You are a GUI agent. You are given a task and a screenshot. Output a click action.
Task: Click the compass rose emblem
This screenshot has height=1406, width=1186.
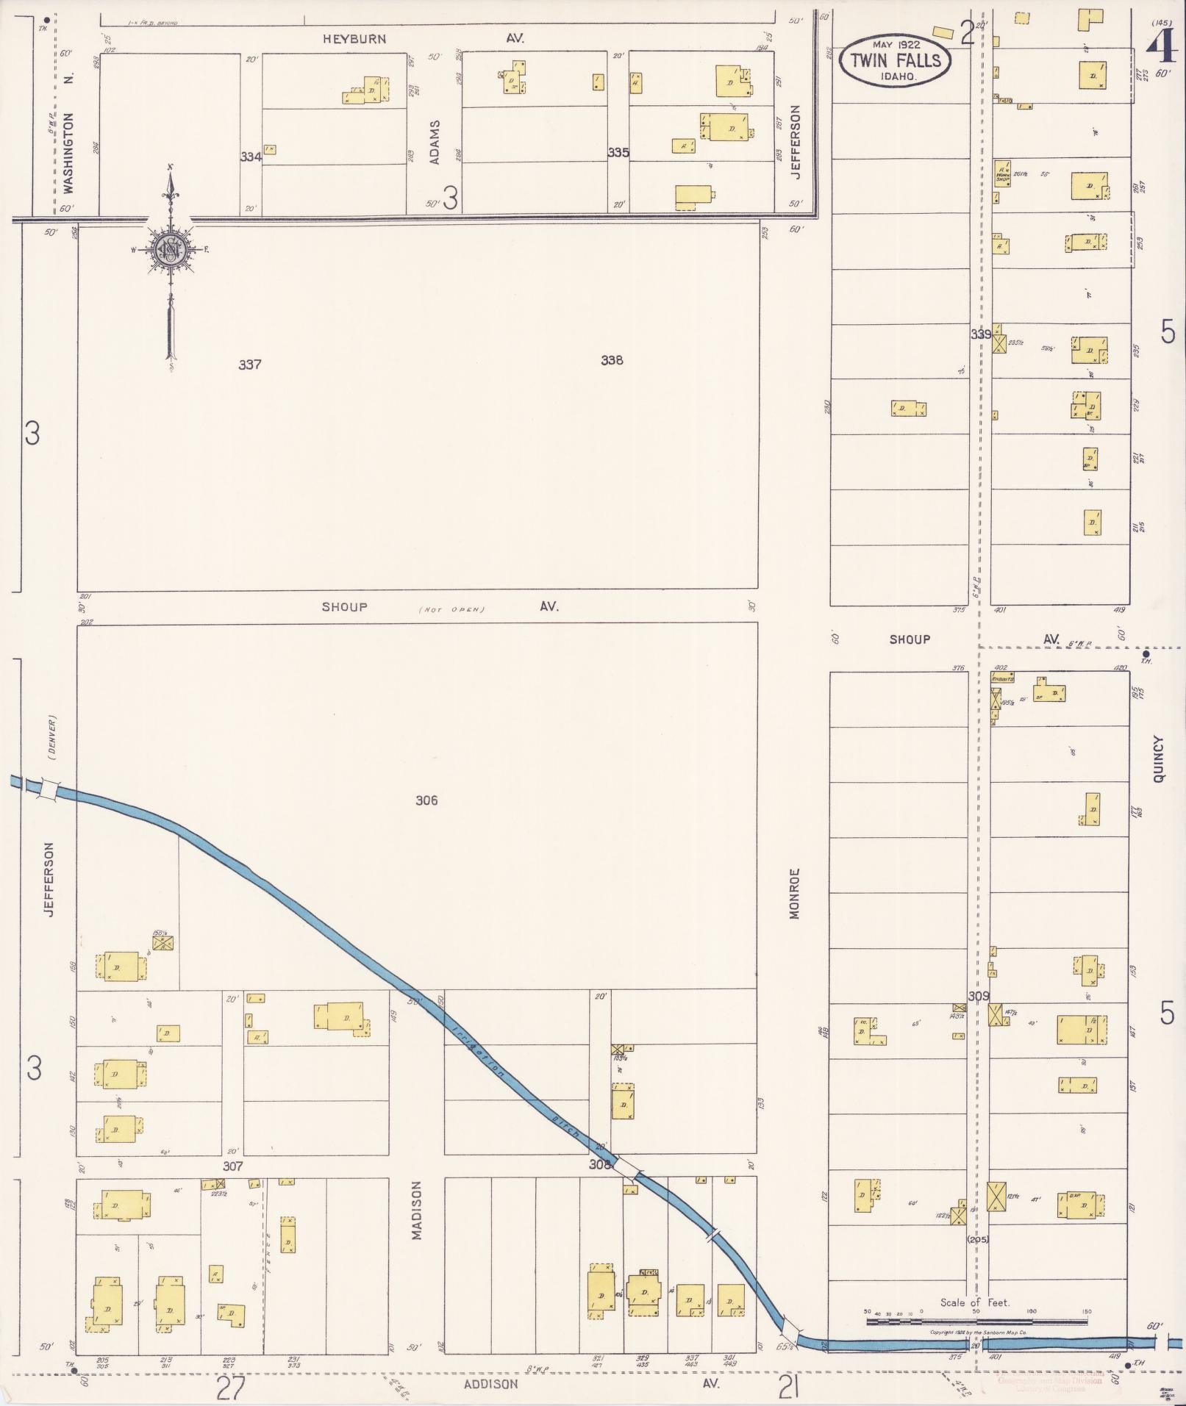(170, 249)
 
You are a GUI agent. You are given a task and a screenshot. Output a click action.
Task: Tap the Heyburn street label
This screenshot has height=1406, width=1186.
(354, 39)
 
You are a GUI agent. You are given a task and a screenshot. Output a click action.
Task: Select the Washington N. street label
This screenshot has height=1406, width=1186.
(69, 152)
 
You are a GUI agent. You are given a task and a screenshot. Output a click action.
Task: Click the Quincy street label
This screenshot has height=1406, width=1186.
(1160, 758)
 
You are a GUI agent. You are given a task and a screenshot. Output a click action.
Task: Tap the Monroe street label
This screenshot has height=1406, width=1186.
(794, 893)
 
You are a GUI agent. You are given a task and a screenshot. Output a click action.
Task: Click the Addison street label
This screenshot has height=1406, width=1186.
(490, 1384)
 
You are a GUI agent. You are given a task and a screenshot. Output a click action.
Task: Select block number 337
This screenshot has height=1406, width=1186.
(250, 365)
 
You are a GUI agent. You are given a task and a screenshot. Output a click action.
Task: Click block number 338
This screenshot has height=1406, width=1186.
(612, 360)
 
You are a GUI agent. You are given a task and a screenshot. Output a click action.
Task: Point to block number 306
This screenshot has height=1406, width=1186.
(426, 800)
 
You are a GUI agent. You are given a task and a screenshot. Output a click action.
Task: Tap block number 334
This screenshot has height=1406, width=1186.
(251, 157)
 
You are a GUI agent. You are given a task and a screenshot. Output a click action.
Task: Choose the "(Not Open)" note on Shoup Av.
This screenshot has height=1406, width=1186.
(453, 609)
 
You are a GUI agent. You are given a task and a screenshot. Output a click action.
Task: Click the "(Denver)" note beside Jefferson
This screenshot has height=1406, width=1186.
(51, 737)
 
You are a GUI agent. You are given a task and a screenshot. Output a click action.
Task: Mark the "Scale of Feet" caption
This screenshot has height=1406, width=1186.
(975, 1302)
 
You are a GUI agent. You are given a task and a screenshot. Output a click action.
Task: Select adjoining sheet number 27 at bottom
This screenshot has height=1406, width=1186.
(230, 1388)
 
